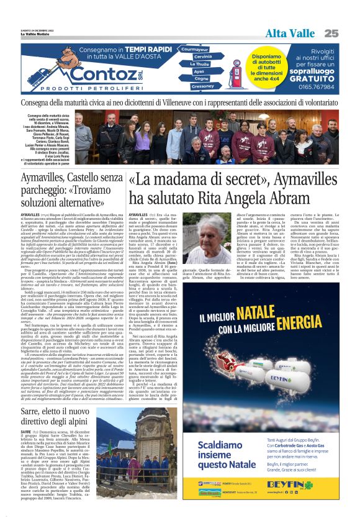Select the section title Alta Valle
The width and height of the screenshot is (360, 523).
[290, 33]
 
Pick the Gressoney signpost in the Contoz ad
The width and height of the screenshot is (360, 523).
[202, 86]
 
